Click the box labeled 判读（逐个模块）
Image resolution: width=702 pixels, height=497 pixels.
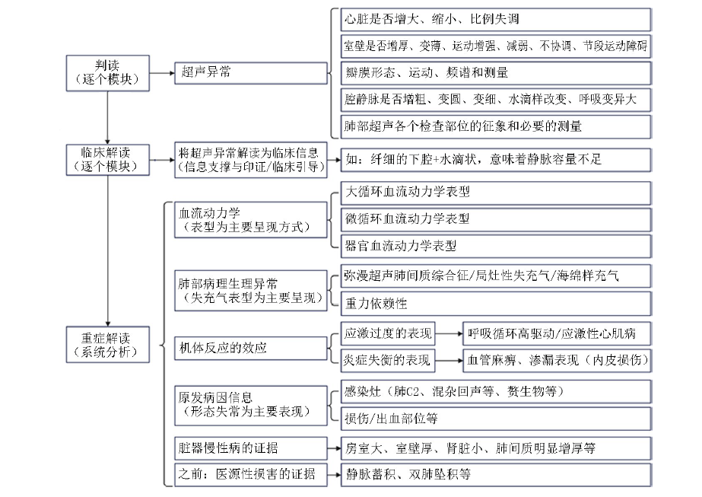107,73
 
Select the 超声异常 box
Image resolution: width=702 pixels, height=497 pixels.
251,72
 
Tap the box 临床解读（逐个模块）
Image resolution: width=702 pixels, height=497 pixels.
107,160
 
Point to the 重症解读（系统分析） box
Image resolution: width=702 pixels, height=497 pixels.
107,345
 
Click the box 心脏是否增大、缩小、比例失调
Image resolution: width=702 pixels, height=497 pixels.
496,19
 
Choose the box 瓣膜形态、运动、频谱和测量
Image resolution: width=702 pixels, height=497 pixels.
496,73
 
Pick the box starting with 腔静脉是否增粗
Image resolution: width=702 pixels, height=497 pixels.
496,100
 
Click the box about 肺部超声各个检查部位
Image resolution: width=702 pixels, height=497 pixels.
496,127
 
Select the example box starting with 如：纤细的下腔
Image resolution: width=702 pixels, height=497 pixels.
496,160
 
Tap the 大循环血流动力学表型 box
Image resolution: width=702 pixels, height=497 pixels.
496,193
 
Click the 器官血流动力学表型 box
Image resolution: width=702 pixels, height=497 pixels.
496,246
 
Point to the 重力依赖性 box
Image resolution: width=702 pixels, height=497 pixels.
496,304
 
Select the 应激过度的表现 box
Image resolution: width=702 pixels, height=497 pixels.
388,333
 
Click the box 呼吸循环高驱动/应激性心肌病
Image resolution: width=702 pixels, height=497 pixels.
557,333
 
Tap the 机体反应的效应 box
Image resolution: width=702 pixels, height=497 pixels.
251,349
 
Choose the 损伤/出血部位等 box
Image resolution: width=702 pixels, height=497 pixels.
496,419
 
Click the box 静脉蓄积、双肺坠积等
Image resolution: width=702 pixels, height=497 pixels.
496,475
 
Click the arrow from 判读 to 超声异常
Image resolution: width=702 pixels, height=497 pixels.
162,72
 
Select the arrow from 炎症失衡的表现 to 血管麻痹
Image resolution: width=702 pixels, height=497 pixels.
449,360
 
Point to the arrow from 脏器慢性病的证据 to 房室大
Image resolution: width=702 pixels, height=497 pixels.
334,448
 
